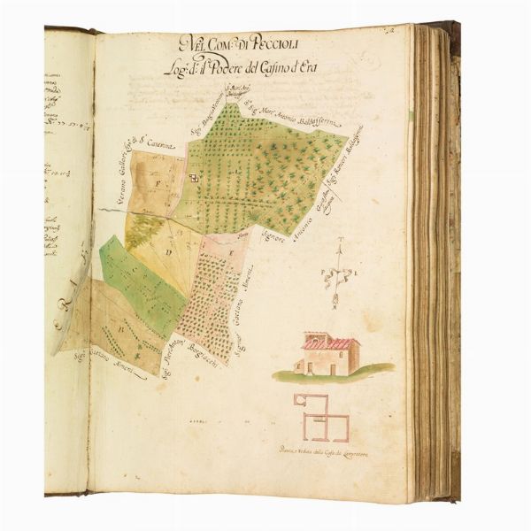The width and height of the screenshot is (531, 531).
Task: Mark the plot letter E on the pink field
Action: click(232, 254)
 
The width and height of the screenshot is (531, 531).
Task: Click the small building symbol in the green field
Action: click(199, 177)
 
